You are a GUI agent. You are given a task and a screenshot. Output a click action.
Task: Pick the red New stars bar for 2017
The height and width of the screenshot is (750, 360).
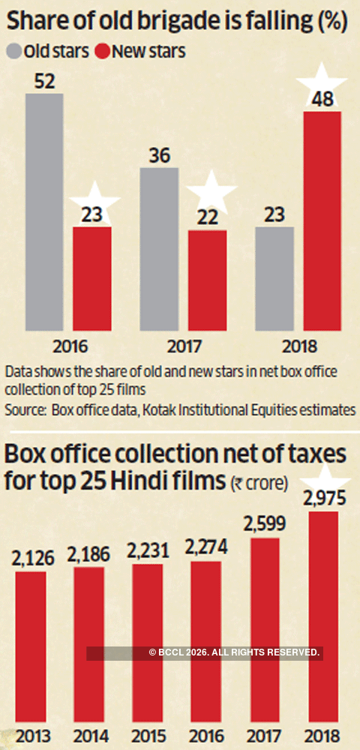coord(206,280)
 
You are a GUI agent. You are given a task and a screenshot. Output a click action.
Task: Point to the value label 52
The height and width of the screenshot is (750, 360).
coord(43,81)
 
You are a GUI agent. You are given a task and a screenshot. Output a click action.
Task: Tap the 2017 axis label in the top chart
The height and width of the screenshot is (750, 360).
coord(182,346)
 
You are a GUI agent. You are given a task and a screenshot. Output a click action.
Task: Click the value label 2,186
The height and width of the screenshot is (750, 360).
coord(89,556)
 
